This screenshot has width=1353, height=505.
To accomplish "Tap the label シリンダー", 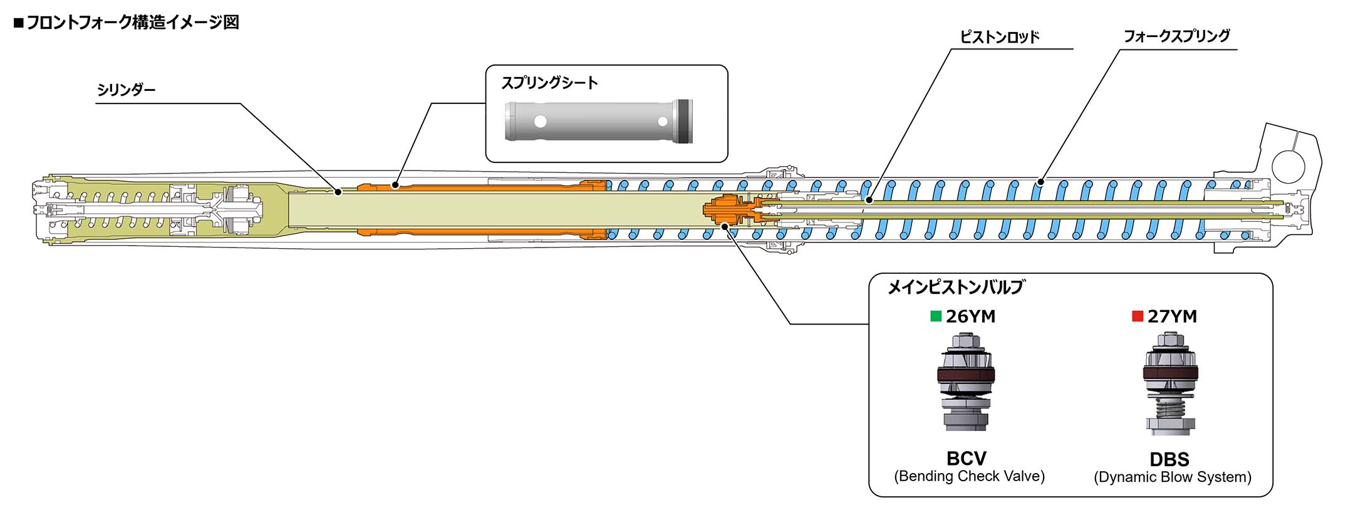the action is tap(126, 90).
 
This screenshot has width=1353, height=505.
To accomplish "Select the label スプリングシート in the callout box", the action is tap(549, 83).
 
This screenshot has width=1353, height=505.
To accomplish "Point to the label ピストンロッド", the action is tap(1000, 37).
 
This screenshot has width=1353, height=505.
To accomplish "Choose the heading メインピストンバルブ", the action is tap(956, 287).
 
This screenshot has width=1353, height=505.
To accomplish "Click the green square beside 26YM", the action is tap(936, 316).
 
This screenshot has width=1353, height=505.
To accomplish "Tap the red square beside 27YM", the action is tap(1138, 316).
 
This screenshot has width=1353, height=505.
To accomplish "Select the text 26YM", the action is tap(970, 317).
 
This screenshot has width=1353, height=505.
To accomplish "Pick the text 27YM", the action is tap(1172, 317).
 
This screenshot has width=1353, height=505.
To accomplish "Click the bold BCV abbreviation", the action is tap(967, 458).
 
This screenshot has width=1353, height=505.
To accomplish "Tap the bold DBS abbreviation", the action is tap(1169, 459).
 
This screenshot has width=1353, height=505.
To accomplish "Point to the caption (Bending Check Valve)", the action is tap(969, 476).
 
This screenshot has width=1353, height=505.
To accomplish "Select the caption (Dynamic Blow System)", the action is tap(1173, 477).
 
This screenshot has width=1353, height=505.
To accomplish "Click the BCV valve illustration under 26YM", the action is tap(966, 382).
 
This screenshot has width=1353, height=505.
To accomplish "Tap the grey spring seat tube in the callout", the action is tap(599, 120).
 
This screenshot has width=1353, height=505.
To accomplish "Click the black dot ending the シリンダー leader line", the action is tap(338, 192).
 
